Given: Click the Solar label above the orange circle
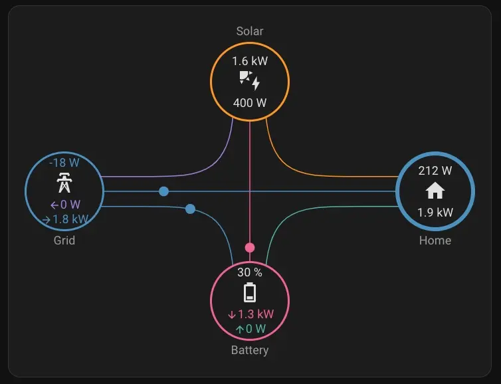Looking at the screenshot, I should (250, 31).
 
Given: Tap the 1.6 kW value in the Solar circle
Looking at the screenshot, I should (250, 61).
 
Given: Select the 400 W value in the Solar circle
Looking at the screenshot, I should (250, 103).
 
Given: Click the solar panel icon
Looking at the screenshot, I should (250, 82).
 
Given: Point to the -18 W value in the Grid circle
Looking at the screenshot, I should (64, 162).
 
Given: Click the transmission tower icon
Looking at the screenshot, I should (64, 183).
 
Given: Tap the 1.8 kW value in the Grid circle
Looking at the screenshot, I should (65, 219).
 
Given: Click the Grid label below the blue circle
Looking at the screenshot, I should (64, 240).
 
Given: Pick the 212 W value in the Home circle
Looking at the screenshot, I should (435, 171).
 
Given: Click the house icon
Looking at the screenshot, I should (435, 192).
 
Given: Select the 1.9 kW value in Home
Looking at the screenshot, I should (435, 213).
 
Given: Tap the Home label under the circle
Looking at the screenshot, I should (435, 240).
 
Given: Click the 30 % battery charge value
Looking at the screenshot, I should (250, 272).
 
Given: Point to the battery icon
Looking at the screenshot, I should (250, 293).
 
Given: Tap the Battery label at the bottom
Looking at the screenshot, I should (250, 350).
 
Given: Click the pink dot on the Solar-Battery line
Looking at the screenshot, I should (250, 248).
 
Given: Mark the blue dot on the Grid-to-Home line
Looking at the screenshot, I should (163, 191).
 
